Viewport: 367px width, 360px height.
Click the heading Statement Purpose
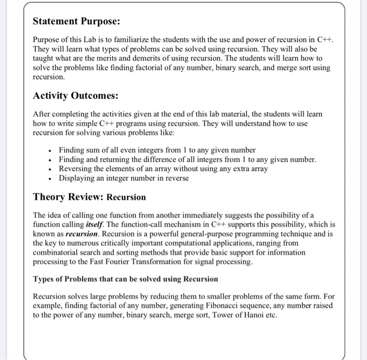tap(77, 21)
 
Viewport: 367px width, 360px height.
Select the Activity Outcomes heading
tap(75, 95)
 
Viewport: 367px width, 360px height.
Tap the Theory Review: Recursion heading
tap(89, 197)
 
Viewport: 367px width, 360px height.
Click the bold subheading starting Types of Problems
tap(125, 278)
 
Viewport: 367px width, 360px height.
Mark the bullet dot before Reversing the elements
tap(49, 169)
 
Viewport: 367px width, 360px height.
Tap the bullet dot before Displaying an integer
tap(49, 178)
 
